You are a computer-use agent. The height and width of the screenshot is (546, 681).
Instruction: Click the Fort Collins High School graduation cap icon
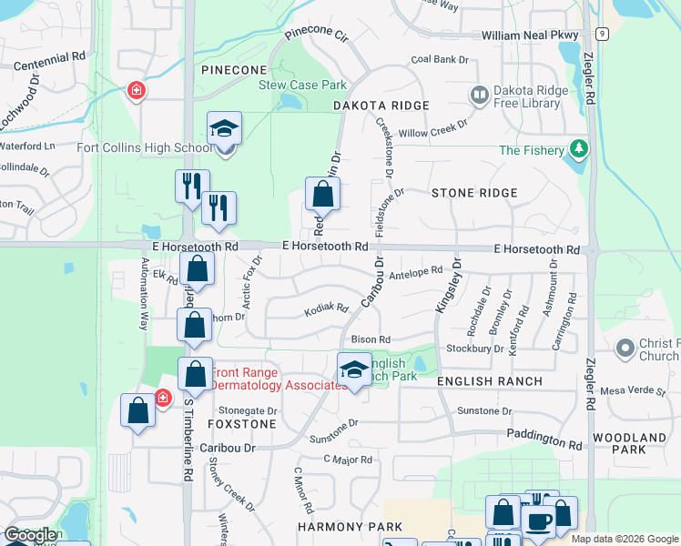tap(223, 130)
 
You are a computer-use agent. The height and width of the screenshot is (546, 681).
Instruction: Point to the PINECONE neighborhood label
tap(235, 70)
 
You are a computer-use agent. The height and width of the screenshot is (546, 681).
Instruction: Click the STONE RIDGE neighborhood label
tap(474, 193)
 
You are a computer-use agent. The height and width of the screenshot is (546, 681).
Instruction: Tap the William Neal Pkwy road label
tap(531, 35)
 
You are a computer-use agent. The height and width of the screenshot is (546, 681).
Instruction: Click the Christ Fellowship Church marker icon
tap(625, 348)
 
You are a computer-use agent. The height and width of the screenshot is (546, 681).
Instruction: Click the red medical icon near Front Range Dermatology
tap(163, 398)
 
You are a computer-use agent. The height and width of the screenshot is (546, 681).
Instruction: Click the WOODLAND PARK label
tap(629, 444)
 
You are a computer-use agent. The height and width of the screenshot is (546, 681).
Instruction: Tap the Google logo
tap(30, 535)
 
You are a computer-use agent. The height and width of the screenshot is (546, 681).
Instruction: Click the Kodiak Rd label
tap(327, 308)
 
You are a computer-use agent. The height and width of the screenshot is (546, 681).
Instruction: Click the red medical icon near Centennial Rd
tap(136, 91)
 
